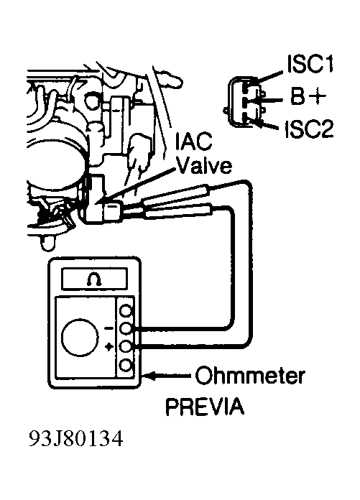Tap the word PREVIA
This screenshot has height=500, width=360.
tap(205, 407)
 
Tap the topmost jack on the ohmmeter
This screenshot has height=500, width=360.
tap(126, 311)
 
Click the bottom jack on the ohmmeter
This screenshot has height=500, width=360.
tap(126, 366)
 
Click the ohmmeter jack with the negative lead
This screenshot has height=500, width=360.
tap(126, 329)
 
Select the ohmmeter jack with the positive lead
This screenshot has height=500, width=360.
tap(126, 347)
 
